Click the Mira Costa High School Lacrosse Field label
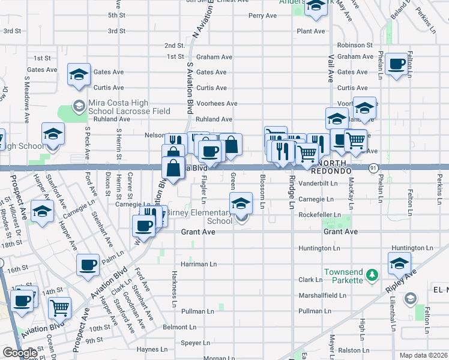tap(129, 106)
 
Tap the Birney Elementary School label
tap(198, 217)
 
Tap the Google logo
tap(20, 353)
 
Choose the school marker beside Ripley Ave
tap(399, 263)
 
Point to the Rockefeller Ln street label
tap(320, 215)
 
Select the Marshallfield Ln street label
tap(322, 295)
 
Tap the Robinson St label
tap(355, 45)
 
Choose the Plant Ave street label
tap(311, 31)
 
